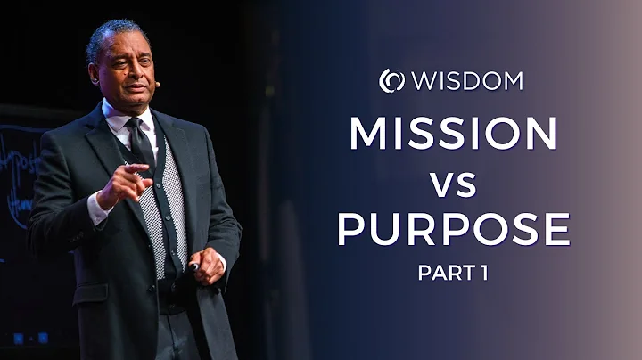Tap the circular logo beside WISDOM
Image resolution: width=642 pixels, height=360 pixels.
tap(391, 81)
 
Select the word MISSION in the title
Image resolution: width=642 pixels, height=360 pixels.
tap(453, 135)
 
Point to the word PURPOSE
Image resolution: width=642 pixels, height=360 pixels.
tap(453, 229)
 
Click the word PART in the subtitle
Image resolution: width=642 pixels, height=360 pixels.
tap(440, 274)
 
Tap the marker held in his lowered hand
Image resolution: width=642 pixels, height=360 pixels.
tap(194, 266)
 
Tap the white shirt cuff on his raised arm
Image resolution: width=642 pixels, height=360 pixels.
tap(97, 208)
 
